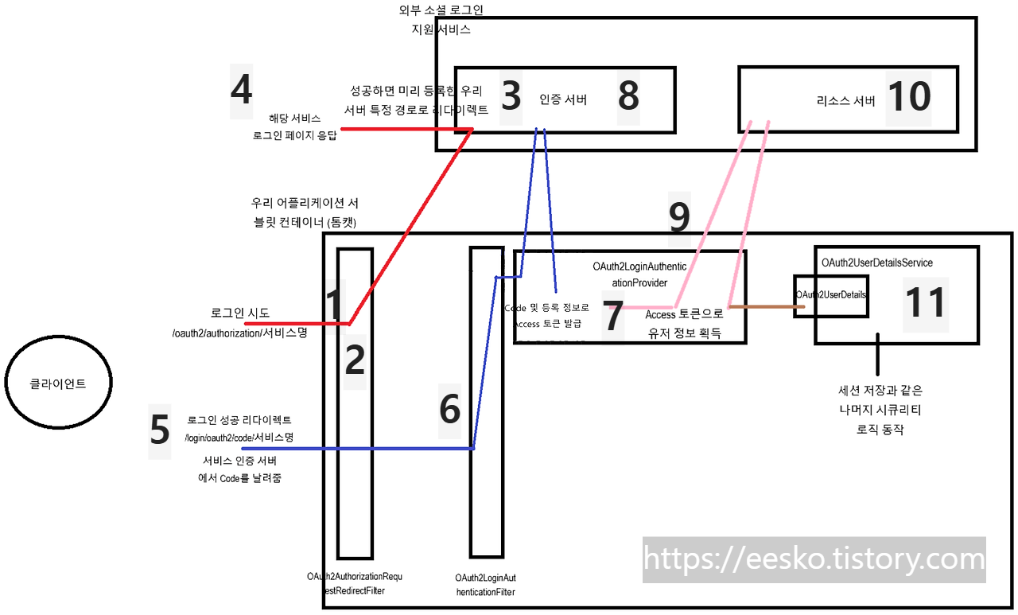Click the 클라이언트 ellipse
click(x=58, y=383)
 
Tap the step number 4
click(x=241, y=90)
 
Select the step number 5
click(x=160, y=430)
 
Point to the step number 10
click(x=909, y=98)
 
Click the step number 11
click(x=926, y=303)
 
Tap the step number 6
click(x=450, y=410)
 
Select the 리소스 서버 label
click(x=845, y=101)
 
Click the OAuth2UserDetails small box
click(x=831, y=295)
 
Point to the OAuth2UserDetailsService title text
click(x=876, y=263)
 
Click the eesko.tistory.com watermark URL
click(x=814, y=559)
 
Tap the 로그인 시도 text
click(x=240, y=313)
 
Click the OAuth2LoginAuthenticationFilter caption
click(x=485, y=584)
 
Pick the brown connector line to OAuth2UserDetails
click(x=761, y=306)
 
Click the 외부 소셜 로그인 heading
click(x=441, y=11)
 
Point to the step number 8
click(x=628, y=96)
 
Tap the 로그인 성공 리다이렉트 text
click(x=239, y=419)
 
